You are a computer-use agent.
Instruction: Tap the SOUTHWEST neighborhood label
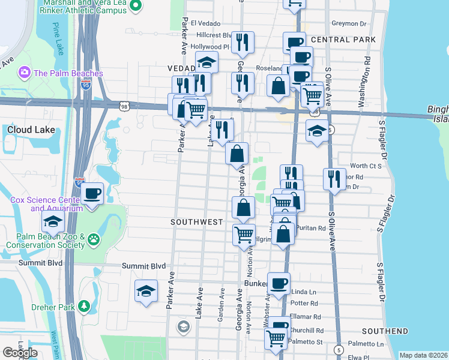[196, 222]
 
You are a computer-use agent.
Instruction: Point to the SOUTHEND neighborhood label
[385, 331]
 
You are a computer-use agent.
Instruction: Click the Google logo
[20, 353]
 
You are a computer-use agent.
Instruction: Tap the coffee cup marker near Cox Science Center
[92, 193]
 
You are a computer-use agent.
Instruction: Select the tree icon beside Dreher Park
[84, 306]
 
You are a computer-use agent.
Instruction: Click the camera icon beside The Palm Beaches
[25, 73]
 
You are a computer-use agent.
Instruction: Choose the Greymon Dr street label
[349, 24]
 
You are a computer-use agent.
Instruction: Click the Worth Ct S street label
[366, 166]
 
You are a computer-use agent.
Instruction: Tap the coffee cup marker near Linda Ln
[278, 283]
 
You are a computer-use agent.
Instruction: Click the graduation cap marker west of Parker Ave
[146, 291]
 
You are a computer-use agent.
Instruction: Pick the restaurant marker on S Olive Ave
[334, 179]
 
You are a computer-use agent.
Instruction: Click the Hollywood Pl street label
[209, 46]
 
